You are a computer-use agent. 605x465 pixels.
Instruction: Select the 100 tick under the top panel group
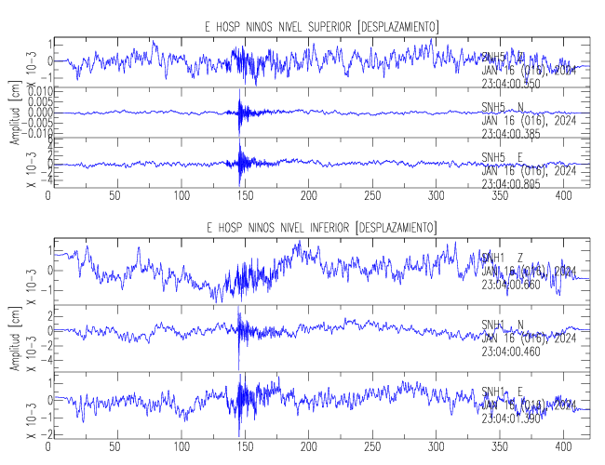[181, 196]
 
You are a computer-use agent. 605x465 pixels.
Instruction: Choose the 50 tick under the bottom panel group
[114, 445]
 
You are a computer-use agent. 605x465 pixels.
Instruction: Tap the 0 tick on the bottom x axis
[48, 445]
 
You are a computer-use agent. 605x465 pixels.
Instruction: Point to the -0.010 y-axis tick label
[26, 132]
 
